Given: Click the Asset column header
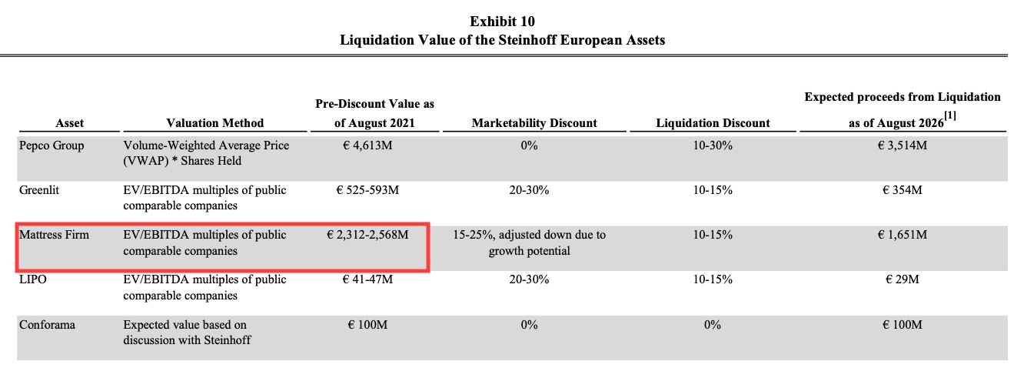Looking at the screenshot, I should [x=70, y=123].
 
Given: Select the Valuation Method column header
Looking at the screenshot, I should [x=214, y=123].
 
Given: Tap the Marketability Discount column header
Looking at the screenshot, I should [x=534, y=123].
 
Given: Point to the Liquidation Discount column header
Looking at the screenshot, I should [x=713, y=123].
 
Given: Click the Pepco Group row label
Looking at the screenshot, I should [x=52, y=145].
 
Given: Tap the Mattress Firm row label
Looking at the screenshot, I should [x=54, y=235].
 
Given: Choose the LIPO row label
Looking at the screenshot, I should [x=33, y=279].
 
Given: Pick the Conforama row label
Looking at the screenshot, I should [x=46, y=325].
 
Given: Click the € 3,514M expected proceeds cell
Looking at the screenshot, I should [x=902, y=145].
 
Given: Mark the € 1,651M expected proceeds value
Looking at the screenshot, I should [x=902, y=235].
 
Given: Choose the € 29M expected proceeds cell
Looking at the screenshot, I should [x=902, y=279].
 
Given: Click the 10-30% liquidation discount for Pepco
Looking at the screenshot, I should [x=713, y=145].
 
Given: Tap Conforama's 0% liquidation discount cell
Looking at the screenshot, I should [x=713, y=325].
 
